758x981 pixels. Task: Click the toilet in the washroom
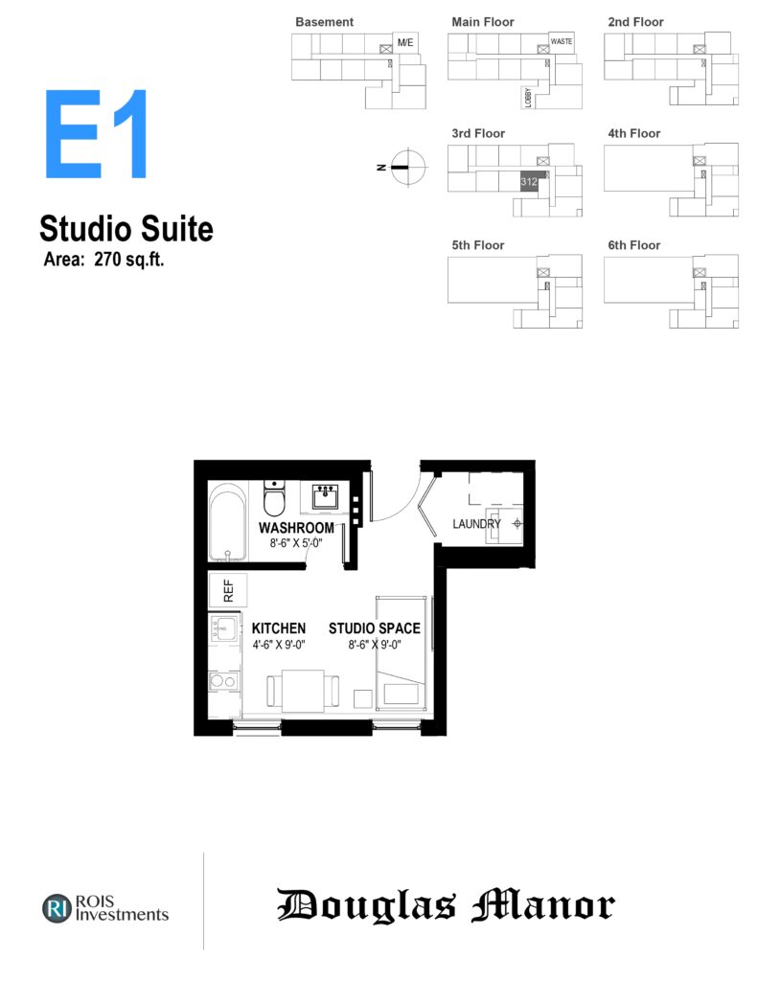coord(274,498)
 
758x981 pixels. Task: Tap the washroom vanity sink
coord(325,496)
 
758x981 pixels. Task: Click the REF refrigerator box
coord(228,590)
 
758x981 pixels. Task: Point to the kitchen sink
coord(224,627)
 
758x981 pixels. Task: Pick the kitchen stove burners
coord(223,681)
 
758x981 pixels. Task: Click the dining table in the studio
coord(303,690)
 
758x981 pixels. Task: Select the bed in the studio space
coord(402,653)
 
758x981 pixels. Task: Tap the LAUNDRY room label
coord(477,524)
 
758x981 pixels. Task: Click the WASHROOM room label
coord(296,528)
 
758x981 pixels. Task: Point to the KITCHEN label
coord(279,628)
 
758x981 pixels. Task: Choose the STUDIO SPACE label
coord(375,628)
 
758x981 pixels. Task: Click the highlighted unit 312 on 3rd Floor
coord(529,181)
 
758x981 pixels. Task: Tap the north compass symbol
coord(408,167)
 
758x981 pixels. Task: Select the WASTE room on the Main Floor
coord(562,42)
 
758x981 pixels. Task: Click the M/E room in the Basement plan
coord(405,42)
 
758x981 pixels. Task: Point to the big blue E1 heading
coord(96,134)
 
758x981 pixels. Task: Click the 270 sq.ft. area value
coord(129,259)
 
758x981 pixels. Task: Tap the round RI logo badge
coord(57,908)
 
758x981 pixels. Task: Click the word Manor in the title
coord(543,905)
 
